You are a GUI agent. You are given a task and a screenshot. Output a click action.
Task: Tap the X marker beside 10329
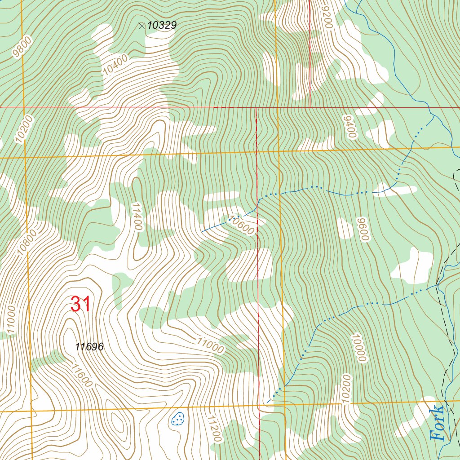point(142,26)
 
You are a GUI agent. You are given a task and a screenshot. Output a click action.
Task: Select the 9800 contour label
point(22,48)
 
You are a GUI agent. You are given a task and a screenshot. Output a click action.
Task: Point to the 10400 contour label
point(115,65)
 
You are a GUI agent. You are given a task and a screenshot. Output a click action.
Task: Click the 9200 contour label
point(327,17)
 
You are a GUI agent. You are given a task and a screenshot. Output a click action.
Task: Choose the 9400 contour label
point(349,127)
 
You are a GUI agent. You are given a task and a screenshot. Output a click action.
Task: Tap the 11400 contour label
point(137,216)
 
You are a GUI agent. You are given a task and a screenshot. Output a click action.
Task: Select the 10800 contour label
point(25,243)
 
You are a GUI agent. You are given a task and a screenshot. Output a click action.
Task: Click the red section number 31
point(81,305)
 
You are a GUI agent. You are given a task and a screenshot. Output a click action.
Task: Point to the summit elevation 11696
point(89,347)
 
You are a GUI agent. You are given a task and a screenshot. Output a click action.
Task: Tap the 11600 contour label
point(81,376)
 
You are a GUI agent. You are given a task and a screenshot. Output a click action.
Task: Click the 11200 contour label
point(214,429)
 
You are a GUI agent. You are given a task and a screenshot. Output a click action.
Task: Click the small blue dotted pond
point(178,419)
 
